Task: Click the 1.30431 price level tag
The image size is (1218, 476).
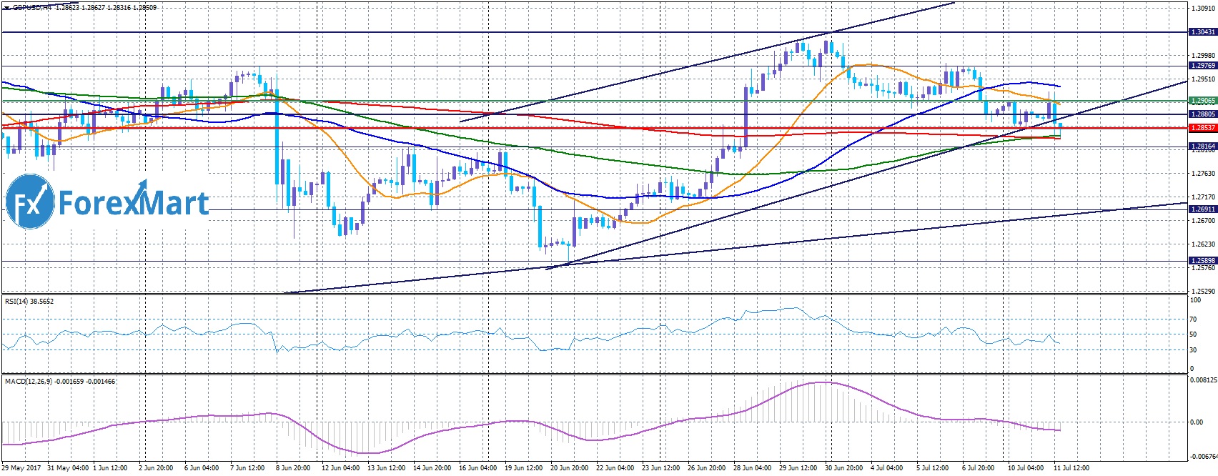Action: click(x=1202, y=32)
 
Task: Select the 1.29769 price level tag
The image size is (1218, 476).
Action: click(x=1202, y=66)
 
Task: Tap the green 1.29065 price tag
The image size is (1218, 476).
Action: click(x=1202, y=101)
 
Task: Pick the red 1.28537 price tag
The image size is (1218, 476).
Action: click(x=1202, y=128)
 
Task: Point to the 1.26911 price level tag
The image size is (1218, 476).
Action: click(x=1202, y=209)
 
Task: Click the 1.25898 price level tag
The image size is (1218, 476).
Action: click(x=1202, y=261)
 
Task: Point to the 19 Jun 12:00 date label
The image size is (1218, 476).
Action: click(x=524, y=468)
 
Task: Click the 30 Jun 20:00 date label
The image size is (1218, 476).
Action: click(x=843, y=468)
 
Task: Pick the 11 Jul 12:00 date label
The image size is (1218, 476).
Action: click(x=1072, y=468)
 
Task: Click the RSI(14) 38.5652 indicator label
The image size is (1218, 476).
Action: click(x=29, y=302)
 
